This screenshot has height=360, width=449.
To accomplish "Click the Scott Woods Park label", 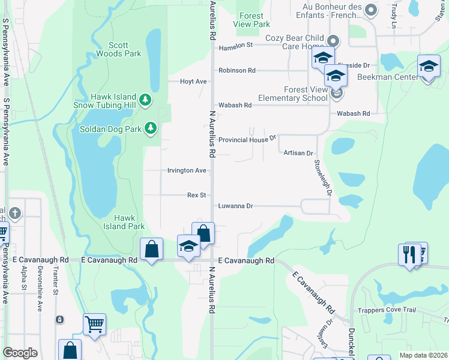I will tap(125, 49).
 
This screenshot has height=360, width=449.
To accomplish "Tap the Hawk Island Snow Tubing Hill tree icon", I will tap(145, 99).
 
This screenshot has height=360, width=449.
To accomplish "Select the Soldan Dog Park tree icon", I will tap(151, 128).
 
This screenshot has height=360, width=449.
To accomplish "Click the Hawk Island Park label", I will tap(127, 223).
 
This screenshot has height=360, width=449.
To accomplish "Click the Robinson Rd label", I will tap(237, 70).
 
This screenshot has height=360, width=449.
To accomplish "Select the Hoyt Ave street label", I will tap(194, 82).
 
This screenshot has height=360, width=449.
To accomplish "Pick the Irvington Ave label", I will tap(187, 170).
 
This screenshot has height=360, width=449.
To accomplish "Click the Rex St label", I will tap(196, 195).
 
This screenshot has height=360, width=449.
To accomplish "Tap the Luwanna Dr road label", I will tap(235, 206).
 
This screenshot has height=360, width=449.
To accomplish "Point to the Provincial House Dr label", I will tap(247, 139).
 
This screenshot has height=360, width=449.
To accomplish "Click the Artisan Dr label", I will tap(299, 153).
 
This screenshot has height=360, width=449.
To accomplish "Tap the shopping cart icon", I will tap(95, 324).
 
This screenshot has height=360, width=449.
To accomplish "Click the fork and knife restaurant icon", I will tap(409, 254).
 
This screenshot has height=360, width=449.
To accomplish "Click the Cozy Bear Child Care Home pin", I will tap(334, 41).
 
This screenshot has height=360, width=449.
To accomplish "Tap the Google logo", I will tap(20, 353).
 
